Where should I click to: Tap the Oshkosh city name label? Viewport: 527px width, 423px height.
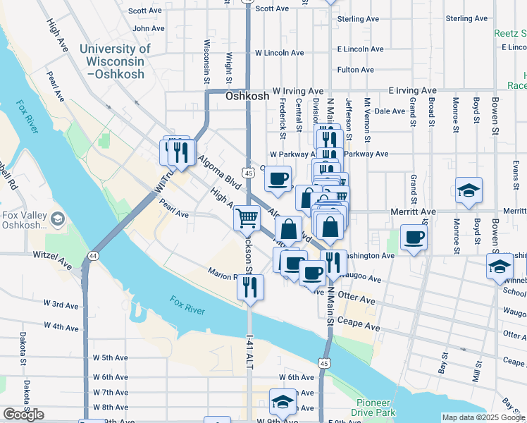(247, 98)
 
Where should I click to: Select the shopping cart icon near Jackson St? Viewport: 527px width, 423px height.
(247, 218)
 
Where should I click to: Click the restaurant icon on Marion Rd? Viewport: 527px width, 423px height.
(251, 286)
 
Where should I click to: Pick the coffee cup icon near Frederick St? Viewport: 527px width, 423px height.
(278, 178)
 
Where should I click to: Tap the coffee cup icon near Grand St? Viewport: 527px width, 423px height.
(414, 236)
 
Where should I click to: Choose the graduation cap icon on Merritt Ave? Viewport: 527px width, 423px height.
(469, 190)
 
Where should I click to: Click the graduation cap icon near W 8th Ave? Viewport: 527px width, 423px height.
(283, 401)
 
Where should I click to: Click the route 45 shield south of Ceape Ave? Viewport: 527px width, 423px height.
(323, 363)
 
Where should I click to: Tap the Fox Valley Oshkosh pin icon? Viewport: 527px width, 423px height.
(56, 219)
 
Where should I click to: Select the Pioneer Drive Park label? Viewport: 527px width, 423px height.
(374, 407)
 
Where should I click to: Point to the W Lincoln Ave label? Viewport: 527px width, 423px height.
(279, 53)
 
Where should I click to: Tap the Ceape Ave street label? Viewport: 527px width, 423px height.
(363, 328)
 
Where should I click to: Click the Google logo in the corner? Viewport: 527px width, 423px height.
(23, 415)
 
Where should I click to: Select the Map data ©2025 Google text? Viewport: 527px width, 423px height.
(483, 417)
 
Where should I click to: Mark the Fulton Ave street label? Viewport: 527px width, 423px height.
(355, 70)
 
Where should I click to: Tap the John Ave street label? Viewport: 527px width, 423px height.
(149, 29)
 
